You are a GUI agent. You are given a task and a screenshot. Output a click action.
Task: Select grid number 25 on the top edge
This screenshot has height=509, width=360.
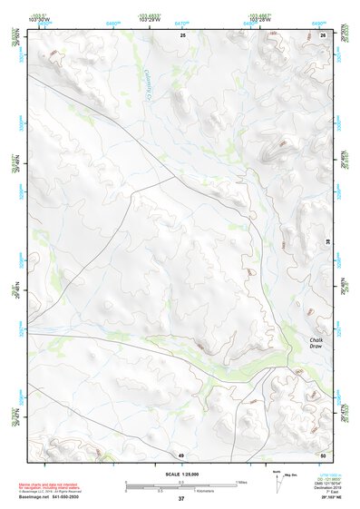coord(182,34)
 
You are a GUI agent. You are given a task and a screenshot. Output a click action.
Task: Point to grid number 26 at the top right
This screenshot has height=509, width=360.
coord(324,34)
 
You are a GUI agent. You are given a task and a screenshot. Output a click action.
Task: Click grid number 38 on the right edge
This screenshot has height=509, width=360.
coord(327,240)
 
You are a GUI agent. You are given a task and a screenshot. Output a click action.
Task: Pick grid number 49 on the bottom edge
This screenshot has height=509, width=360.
coord(180,454)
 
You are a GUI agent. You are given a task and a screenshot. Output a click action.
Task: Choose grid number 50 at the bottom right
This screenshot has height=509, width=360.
coord(323,454)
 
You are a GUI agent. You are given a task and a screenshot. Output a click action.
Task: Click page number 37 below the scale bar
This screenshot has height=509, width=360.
coord(180,499)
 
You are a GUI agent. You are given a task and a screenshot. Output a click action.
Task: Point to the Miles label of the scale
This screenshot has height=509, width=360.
coord(241,482)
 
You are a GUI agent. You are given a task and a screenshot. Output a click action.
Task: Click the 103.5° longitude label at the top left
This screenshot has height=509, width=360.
coord(39,16)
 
